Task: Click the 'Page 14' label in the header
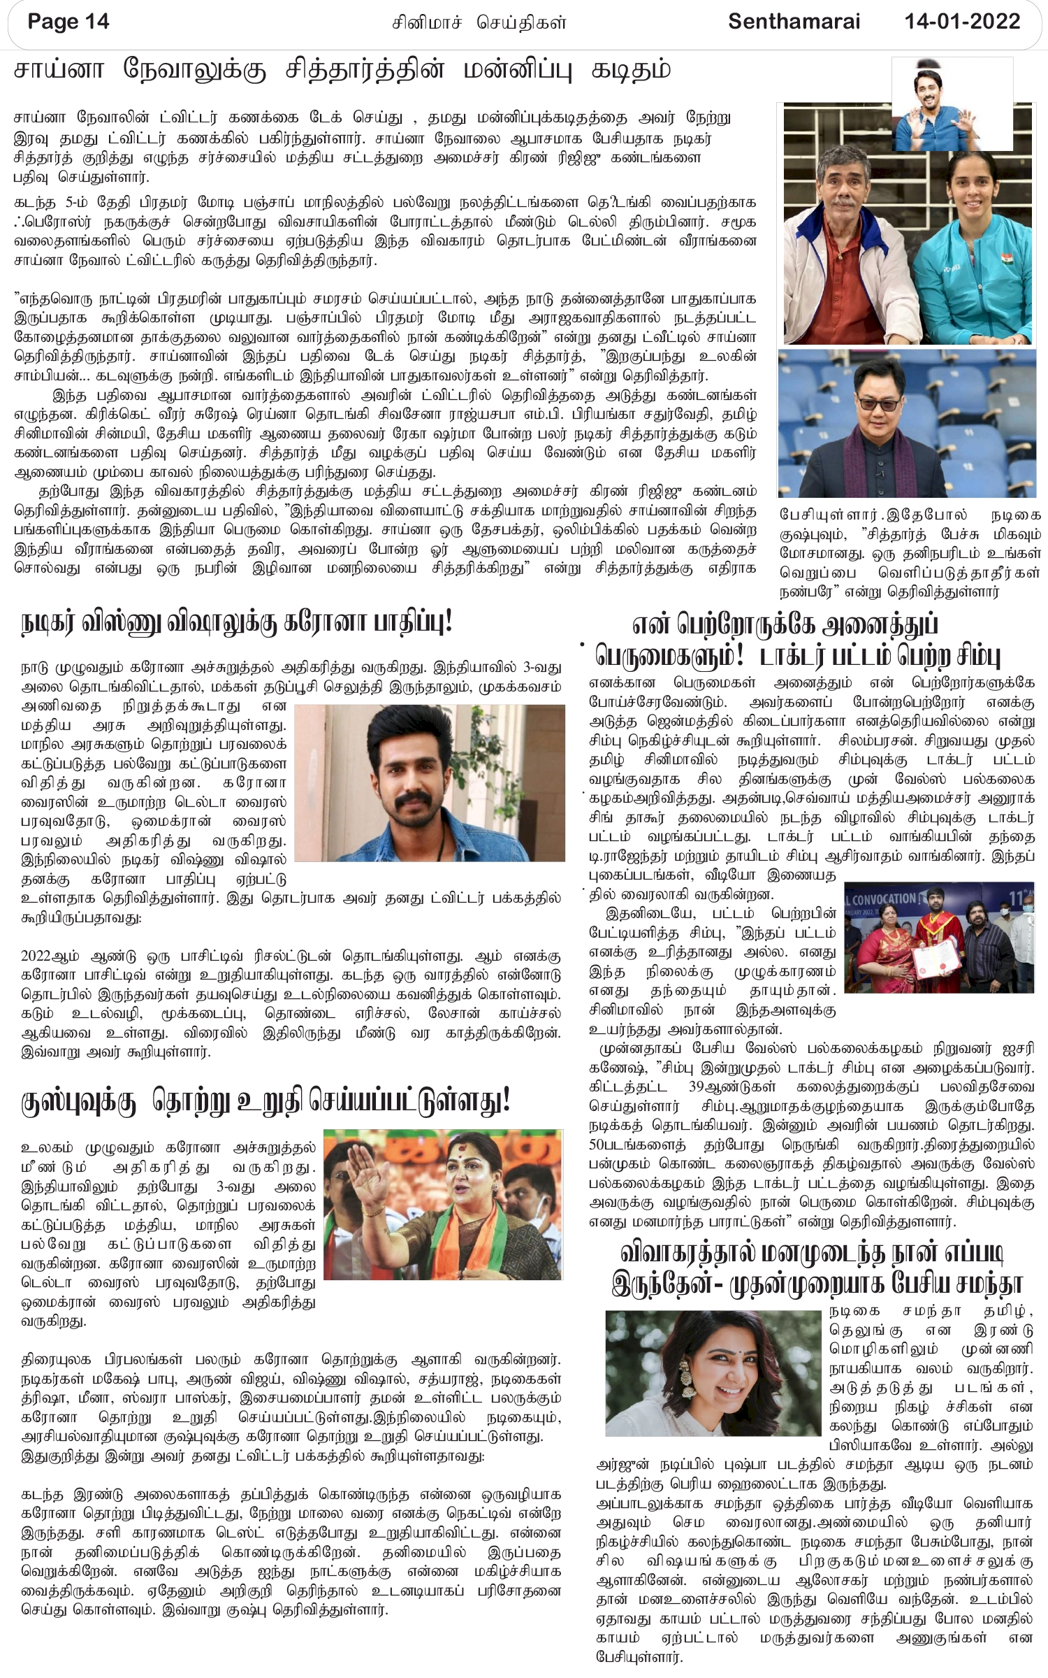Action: [x=68, y=22]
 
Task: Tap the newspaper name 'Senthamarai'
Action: [x=794, y=22]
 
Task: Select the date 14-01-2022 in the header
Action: [x=963, y=22]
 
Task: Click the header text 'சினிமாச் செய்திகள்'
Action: [x=479, y=23]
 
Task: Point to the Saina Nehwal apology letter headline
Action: [x=342, y=71]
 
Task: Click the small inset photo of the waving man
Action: [x=953, y=103]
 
